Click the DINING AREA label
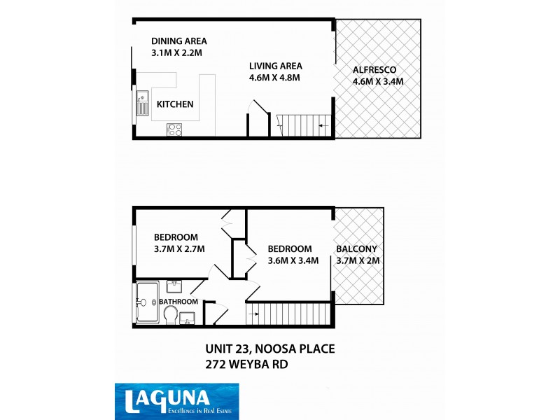178,41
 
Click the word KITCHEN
175,104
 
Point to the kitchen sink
143,103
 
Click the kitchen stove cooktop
174,129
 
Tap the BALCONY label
356,248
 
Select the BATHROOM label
178,302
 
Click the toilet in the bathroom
170,316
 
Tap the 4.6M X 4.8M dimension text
274,78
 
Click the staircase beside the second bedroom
287,313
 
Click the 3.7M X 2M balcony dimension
357,260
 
